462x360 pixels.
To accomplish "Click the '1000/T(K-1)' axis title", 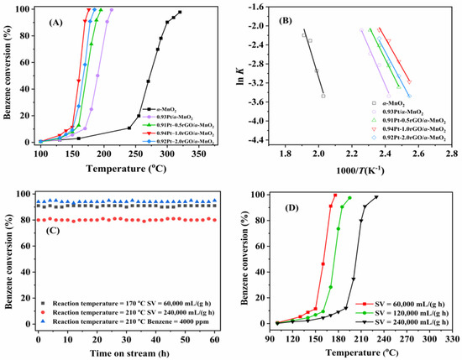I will coord(367,169).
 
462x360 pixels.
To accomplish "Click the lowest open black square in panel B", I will coord(323,96).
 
